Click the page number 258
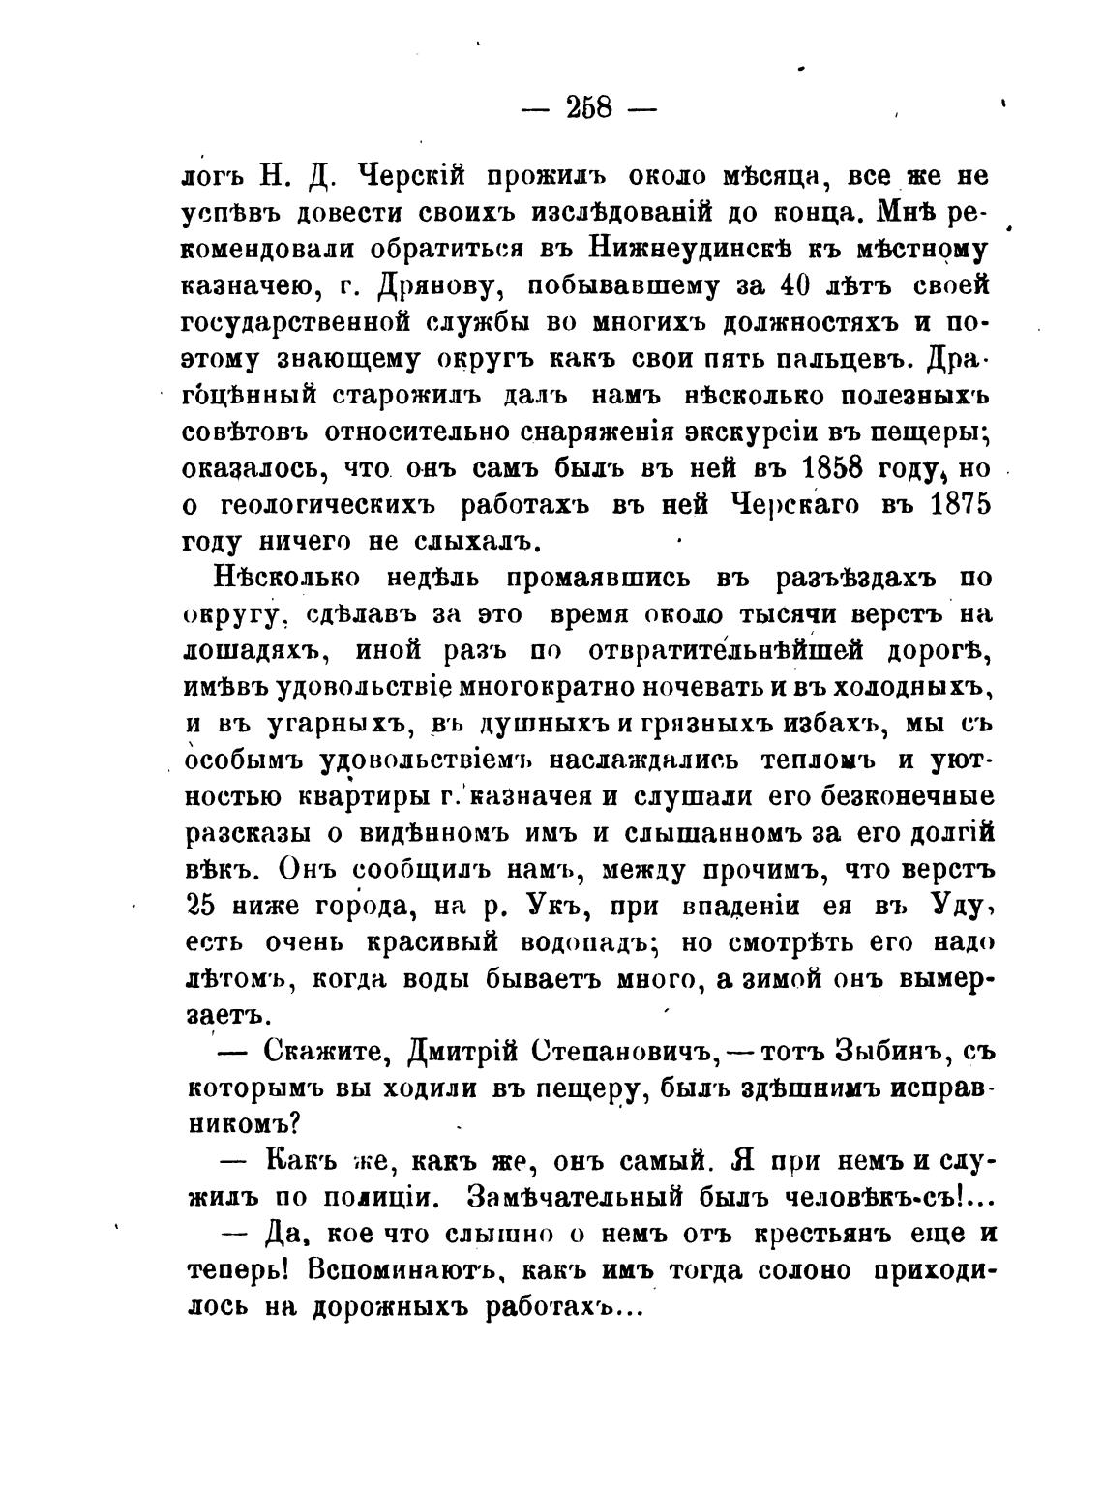coord(587,106)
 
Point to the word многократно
coord(518,687)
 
